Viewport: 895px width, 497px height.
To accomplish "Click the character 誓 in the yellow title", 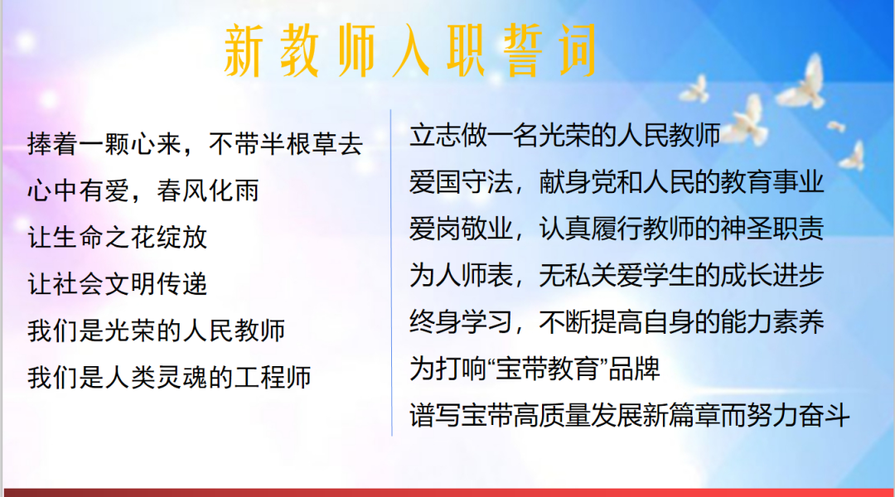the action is (x=522, y=51).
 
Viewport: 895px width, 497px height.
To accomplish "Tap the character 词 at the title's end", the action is (x=578, y=51).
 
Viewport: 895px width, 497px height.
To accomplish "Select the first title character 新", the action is (x=243, y=51).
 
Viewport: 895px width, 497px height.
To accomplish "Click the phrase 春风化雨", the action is (x=208, y=191).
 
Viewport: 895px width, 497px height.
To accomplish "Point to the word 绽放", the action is (x=181, y=238).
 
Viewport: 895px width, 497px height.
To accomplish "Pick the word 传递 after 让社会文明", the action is (x=181, y=284).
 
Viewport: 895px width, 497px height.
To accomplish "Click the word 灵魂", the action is (x=181, y=378).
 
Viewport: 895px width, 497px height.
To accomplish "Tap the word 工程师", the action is (x=273, y=378).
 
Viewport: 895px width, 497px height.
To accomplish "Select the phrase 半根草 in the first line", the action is (x=298, y=144).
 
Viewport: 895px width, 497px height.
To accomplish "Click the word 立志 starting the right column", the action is (x=435, y=136).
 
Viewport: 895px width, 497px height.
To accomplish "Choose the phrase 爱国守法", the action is (x=461, y=182).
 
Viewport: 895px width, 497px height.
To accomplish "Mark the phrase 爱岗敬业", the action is (x=461, y=229).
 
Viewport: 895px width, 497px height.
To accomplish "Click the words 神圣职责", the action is (x=772, y=229).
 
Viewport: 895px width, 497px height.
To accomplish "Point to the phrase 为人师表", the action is (x=461, y=276).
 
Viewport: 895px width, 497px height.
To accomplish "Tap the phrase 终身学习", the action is (x=461, y=323).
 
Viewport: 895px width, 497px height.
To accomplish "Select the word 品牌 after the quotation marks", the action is (x=634, y=369).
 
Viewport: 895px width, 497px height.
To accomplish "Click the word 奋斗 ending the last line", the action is (x=825, y=416).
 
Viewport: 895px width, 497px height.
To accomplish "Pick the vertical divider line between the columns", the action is (x=391, y=273).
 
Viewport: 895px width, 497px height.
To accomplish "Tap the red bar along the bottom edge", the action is (x=448, y=492).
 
